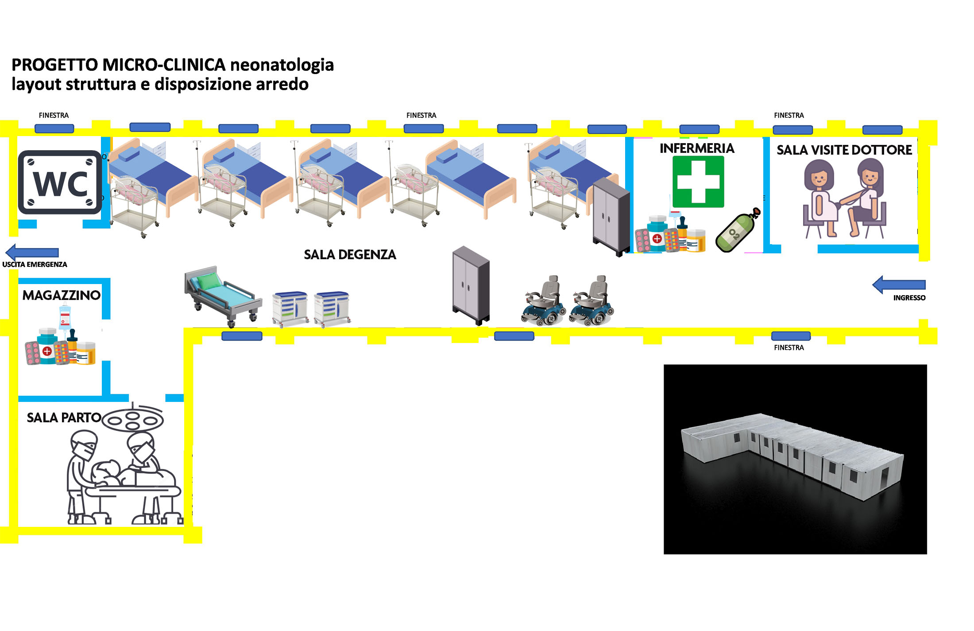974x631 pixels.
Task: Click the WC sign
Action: point(60,182)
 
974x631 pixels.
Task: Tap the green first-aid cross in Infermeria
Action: point(698,182)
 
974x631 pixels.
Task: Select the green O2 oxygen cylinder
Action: point(738,231)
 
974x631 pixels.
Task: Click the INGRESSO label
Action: point(909,298)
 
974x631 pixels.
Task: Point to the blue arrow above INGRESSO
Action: point(899,284)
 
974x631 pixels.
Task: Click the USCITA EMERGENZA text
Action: point(35,265)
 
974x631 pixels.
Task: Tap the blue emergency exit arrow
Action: point(32,252)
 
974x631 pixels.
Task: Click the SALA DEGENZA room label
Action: point(350,255)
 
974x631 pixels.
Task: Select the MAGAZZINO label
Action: point(62,295)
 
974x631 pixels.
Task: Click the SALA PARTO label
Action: point(64,417)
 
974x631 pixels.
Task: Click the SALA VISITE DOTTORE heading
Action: point(844,150)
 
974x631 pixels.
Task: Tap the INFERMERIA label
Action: point(697,148)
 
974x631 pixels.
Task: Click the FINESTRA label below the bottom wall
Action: point(789,348)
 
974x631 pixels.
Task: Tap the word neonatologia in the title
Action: point(282,65)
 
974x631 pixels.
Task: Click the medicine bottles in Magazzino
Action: point(61,341)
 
